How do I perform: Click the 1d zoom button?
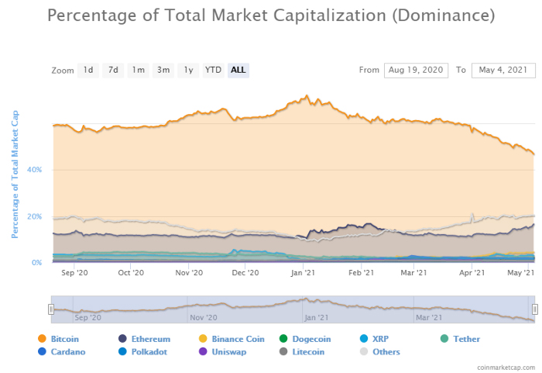[x=88, y=70]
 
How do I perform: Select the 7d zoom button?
[x=113, y=70]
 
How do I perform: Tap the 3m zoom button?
[x=163, y=70]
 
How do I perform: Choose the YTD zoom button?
[x=213, y=70]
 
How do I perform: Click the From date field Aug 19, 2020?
[x=416, y=70]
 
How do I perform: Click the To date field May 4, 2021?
[x=503, y=70]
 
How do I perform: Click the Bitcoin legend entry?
[x=64, y=339]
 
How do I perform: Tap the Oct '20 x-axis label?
[x=131, y=272]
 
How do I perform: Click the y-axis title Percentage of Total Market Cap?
[x=15, y=173]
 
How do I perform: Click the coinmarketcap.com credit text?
[x=504, y=366]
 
